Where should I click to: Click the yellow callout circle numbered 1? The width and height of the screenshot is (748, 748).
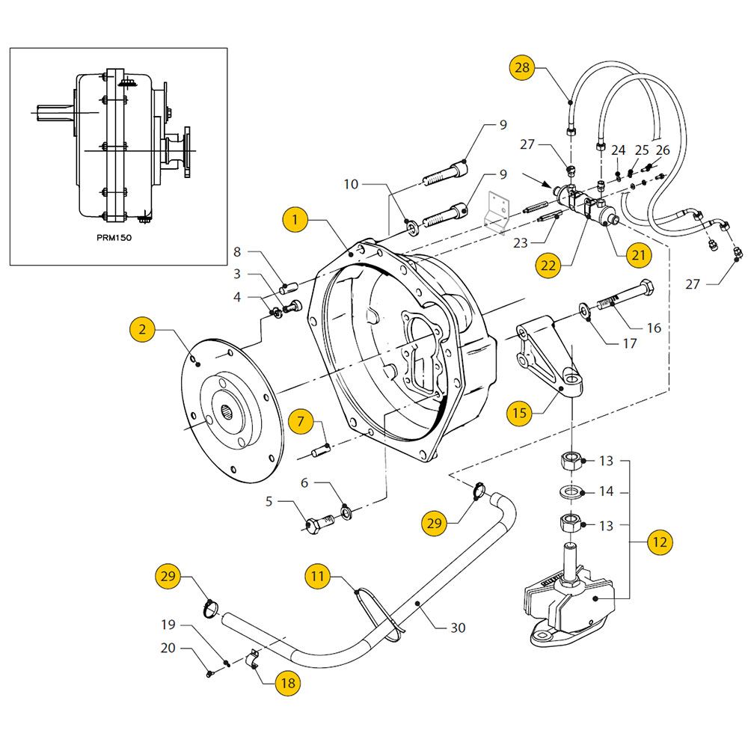pos(295,220)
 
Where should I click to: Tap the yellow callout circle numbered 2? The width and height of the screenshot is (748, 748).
pos(142,330)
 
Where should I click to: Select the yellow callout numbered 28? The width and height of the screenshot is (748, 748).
pos(522,68)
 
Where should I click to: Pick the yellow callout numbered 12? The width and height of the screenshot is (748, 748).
pos(660,542)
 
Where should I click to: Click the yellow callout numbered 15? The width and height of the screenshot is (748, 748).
pos(519,413)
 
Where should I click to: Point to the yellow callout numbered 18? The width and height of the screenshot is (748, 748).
pos(288,683)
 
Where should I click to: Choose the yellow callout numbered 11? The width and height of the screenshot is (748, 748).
pos(317,576)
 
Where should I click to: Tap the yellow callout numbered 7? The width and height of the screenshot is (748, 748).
pos(301,421)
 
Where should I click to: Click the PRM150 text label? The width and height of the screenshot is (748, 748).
pos(114,238)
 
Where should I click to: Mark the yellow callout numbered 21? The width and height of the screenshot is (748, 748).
pos(639,255)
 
